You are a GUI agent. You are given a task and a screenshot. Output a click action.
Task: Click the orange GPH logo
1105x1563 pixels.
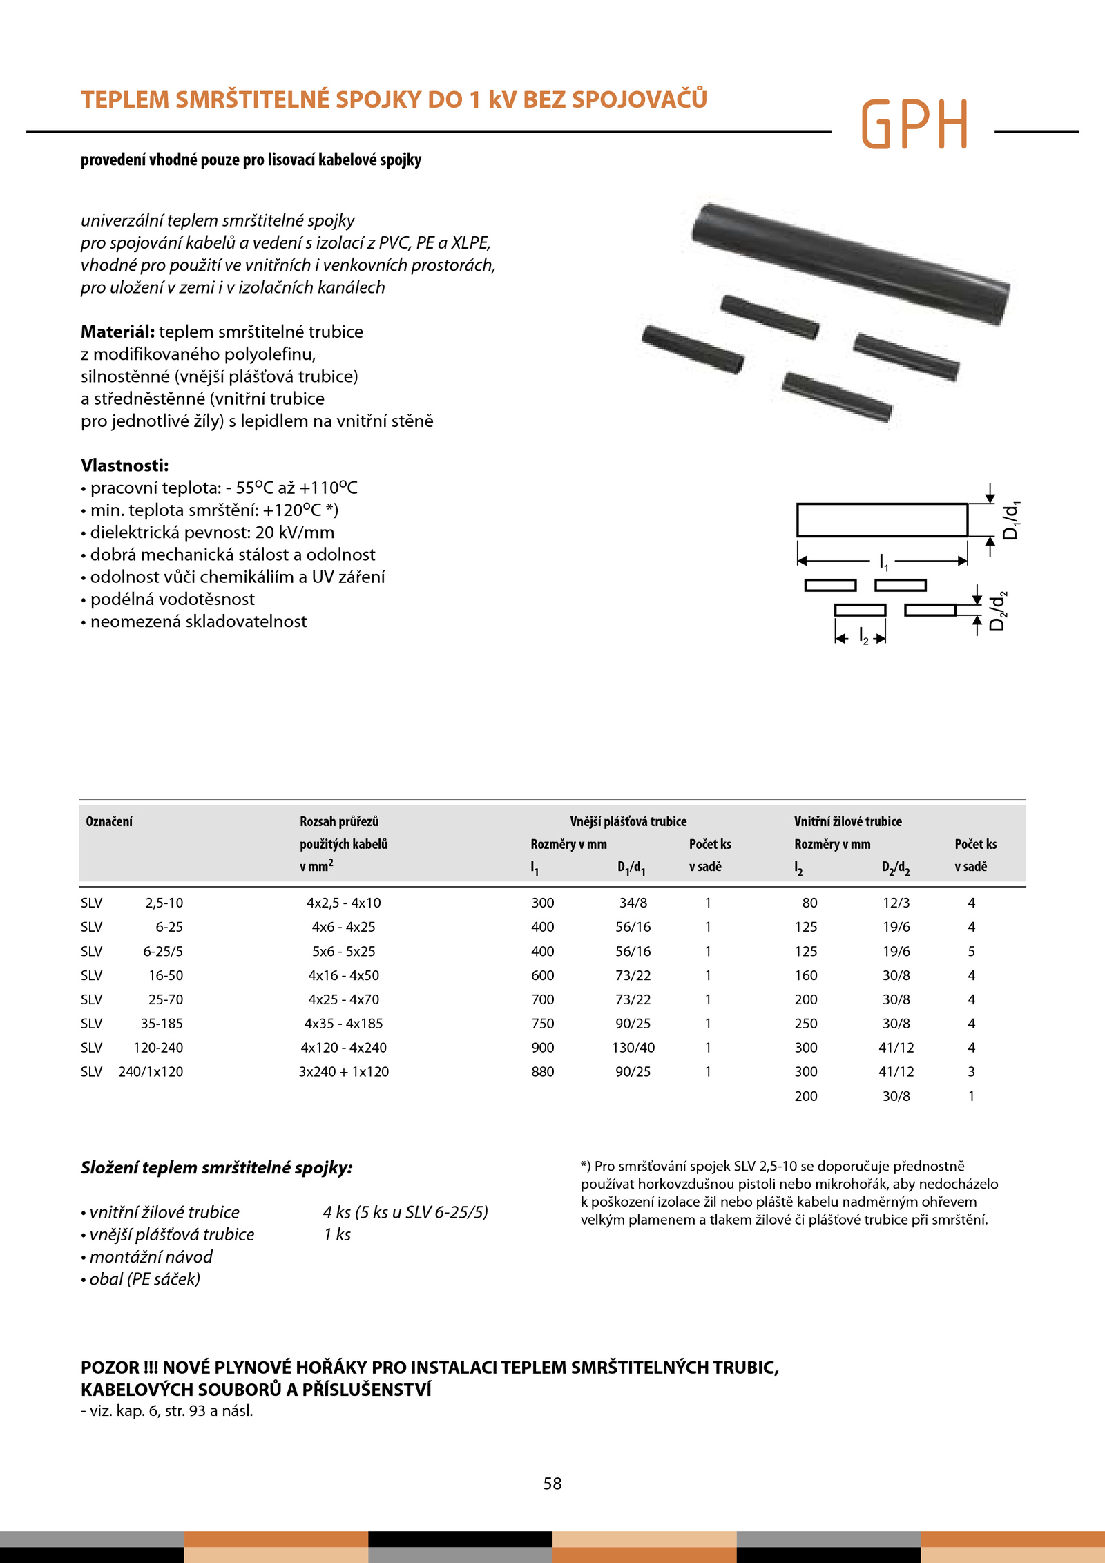coord(914,124)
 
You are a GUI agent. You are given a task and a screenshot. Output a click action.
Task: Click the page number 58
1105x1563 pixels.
coord(552,1483)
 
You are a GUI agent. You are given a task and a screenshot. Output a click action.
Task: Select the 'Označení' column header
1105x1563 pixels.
coord(109,821)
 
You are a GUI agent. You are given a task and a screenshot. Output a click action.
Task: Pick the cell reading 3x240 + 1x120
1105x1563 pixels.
coord(343,1071)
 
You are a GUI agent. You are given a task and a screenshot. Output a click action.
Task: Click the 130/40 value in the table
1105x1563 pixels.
coord(633,1047)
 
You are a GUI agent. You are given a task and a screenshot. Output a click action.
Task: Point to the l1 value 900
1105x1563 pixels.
coord(543,1047)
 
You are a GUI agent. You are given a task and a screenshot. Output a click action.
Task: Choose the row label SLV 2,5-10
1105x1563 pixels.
coord(132,903)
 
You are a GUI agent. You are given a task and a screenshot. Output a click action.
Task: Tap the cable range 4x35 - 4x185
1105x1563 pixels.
coord(343,1023)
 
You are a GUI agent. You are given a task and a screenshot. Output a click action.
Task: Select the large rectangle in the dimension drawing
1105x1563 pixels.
coord(882,520)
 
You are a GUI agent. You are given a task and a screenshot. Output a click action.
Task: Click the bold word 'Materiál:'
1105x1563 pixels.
coord(117,332)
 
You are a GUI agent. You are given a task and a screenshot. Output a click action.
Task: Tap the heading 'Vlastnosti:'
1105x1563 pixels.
coord(124,465)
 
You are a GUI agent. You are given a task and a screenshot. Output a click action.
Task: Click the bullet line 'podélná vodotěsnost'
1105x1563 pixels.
coord(172,599)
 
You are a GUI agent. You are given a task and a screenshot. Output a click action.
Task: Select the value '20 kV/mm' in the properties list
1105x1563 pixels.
coord(294,532)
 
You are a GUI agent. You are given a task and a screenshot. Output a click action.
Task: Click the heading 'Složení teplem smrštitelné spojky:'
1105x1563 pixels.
coord(216,1167)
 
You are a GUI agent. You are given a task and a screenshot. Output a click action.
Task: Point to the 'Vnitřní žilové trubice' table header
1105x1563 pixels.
coord(847,821)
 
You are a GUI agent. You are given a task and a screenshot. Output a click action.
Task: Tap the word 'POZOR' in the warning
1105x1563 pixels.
coord(110,1368)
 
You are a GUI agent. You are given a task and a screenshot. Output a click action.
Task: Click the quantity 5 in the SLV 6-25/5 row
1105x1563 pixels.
coord(971,951)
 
